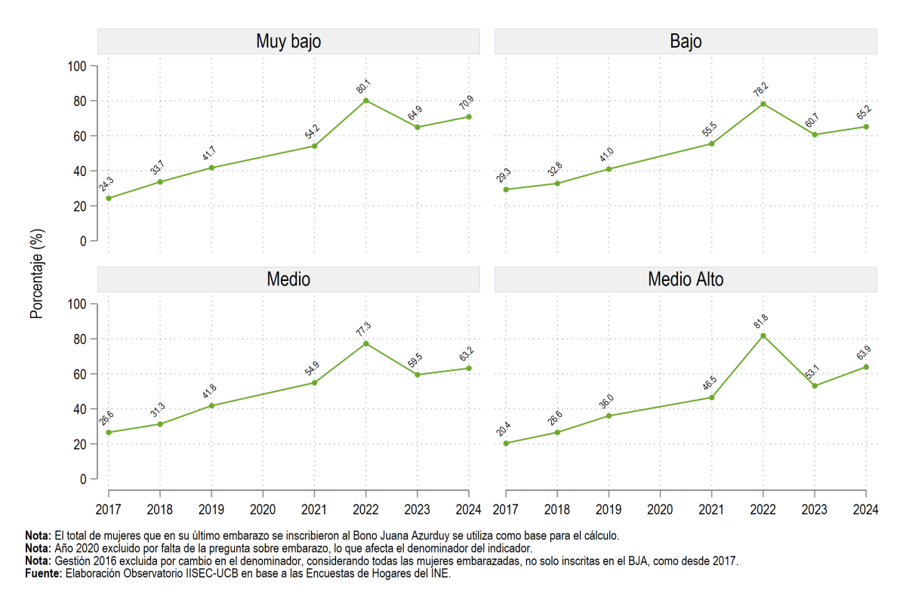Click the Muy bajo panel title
(288, 42)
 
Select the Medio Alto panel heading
(686, 279)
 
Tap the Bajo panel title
(686, 42)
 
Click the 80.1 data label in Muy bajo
(364, 86)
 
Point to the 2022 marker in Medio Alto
(763, 336)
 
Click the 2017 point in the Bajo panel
(506, 190)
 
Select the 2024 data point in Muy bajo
(469, 117)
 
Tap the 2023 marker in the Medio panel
(418, 375)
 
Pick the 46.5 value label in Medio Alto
(710, 383)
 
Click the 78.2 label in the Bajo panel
(761, 89)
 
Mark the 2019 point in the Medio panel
(211, 406)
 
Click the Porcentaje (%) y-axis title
(37, 274)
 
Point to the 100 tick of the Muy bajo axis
(77, 66)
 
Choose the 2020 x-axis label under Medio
(263, 510)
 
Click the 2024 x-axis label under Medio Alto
(865, 510)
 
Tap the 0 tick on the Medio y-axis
(83, 479)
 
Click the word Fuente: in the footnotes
(44, 573)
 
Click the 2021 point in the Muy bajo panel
(314, 146)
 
